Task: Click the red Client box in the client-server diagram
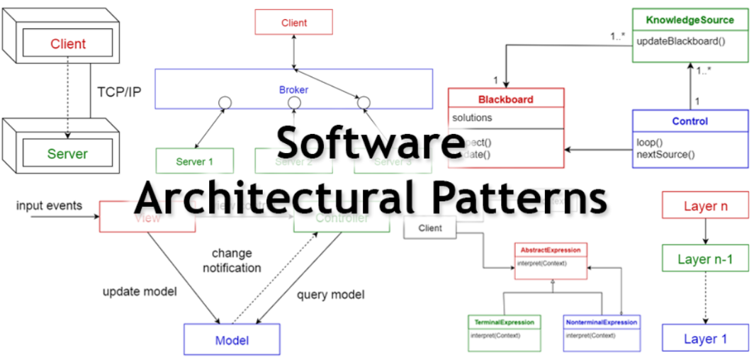pyautogui.click(x=67, y=44)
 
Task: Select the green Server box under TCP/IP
pyautogui.click(x=67, y=154)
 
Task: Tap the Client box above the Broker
pyautogui.click(x=294, y=23)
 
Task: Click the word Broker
pyautogui.click(x=293, y=91)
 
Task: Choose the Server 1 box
pyautogui.click(x=195, y=162)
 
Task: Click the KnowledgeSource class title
pyautogui.click(x=690, y=20)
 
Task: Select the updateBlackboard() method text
pyautogui.click(x=681, y=40)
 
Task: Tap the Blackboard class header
pyautogui.click(x=505, y=99)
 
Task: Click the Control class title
pyautogui.click(x=690, y=121)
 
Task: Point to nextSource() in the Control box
pyautogui.click(x=665, y=154)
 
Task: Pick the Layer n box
pyautogui.click(x=705, y=206)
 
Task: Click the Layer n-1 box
pyautogui.click(x=705, y=259)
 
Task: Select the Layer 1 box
pyautogui.click(x=705, y=339)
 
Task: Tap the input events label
pyautogui.click(x=50, y=206)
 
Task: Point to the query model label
pyautogui.click(x=330, y=294)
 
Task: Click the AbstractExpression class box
pyautogui.click(x=551, y=259)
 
